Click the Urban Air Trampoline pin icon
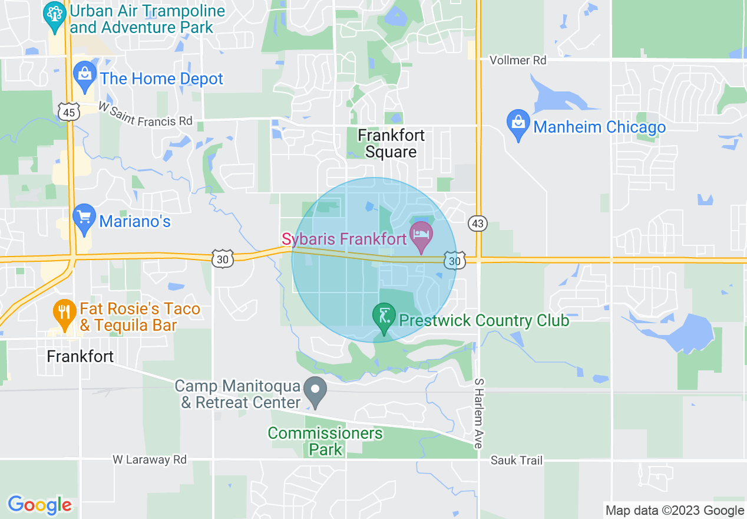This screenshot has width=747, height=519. [55, 18]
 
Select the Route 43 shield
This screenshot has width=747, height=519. [478, 223]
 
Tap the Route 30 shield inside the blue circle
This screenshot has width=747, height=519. [454, 260]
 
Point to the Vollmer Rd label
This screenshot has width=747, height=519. [518, 60]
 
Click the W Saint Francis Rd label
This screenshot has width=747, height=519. [145, 114]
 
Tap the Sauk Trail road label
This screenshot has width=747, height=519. [517, 460]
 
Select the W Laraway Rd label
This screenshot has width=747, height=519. [150, 459]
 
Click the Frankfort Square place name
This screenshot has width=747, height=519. [391, 143]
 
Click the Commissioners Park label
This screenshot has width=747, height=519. [325, 441]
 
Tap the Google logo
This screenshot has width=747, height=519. [39, 505]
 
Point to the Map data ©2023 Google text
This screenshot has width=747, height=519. [675, 510]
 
